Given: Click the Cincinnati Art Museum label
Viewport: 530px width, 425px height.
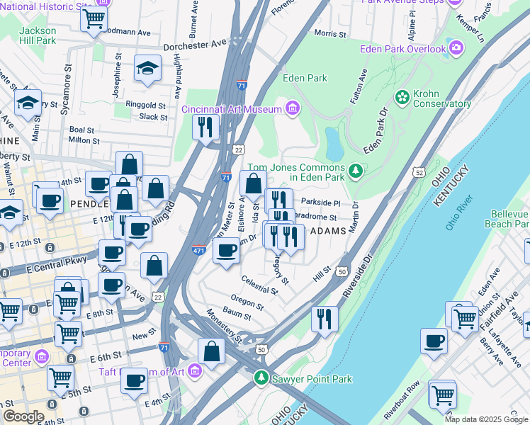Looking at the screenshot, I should [x=232, y=108].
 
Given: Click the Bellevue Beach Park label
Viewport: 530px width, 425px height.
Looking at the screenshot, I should [x=506, y=219].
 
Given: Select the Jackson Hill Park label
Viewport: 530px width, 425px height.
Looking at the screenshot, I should [x=37, y=35].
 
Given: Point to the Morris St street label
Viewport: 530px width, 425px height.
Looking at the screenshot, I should [x=329, y=33].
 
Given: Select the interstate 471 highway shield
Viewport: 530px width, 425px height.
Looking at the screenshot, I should [x=200, y=249].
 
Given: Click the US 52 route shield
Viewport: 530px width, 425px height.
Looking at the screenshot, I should [x=419, y=172].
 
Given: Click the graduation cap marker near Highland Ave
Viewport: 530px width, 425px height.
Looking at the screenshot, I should [x=147, y=69].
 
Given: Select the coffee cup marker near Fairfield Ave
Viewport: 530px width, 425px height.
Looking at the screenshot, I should [x=434, y=340].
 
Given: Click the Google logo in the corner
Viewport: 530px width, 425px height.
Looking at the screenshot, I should [x=23, y=416].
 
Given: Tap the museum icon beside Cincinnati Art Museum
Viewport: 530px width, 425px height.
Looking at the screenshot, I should [x=291, y=108].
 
